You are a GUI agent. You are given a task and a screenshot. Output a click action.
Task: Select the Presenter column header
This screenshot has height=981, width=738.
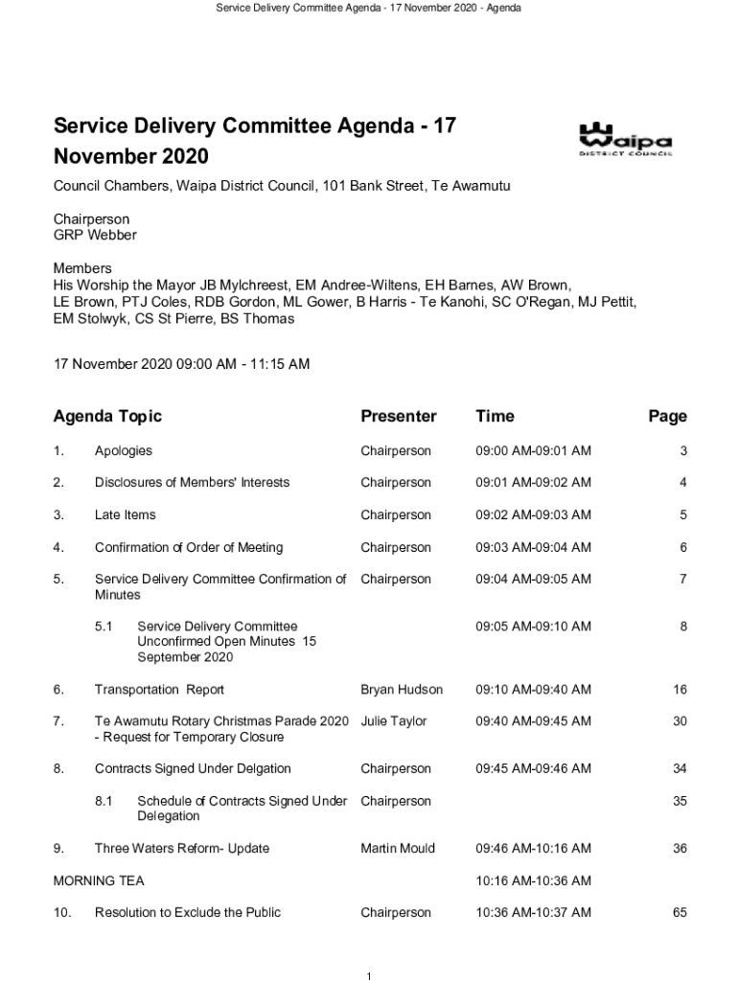point(398,416)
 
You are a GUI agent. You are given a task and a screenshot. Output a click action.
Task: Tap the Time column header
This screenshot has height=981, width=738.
point(495,416)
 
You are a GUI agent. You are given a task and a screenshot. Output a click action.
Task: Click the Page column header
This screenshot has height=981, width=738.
point(667,416)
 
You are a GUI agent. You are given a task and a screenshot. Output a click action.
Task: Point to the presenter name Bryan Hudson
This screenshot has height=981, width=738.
point(402,690)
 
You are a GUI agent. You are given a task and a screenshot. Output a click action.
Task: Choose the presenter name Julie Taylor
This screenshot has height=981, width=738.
point(393,721)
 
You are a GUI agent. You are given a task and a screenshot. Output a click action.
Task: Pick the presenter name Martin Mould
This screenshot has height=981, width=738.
point(398,849)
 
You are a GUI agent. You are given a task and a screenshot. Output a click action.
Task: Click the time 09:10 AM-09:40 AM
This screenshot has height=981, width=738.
point(533,690)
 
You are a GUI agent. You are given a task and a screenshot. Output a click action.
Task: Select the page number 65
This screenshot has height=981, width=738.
point(679,913)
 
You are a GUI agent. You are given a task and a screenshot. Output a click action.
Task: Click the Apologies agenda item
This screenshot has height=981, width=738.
point(123,451)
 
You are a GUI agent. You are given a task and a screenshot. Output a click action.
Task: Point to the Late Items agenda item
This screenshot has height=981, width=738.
point(125,515)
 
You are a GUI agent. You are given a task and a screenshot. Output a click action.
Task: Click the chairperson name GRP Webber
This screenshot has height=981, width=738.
point(95,236)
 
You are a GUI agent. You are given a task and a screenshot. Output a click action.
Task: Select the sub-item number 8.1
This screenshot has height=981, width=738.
point(104,801)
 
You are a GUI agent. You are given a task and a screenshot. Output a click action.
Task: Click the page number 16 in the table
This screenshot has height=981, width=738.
point(679,690)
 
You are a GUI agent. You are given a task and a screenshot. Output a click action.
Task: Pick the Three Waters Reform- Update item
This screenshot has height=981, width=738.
point(182,849)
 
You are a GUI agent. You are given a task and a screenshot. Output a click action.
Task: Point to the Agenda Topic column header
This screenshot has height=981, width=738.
point(107,416)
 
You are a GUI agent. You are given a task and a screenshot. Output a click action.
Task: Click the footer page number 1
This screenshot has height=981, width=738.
point(369,975)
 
